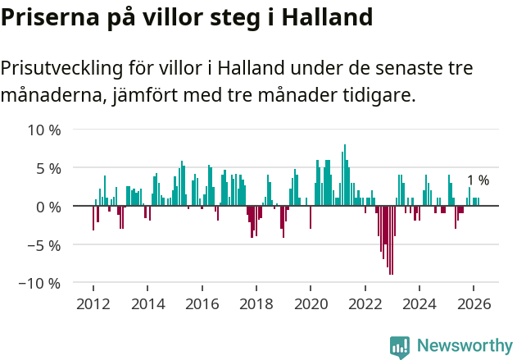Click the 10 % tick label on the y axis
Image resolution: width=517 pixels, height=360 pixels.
tap(44, 130)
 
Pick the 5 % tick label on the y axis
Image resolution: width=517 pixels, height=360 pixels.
tap(48, 168)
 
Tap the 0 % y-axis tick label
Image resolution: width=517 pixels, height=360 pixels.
tap(48, 207)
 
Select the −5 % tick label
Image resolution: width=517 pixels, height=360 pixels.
tap(44, 244)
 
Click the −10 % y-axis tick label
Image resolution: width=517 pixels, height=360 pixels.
tap(41, 283)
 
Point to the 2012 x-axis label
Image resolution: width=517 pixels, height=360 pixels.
tap(93, 304)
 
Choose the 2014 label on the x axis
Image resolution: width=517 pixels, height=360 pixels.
tap(147, 304)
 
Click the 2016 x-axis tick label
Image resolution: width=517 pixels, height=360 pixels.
tap(202, 304)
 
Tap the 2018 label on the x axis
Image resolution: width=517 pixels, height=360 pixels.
tap(256, 304)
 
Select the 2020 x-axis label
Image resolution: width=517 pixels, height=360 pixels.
tap(311, 304)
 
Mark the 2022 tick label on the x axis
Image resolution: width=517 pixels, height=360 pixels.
tap(365, 304)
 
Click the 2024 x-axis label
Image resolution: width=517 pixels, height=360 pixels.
tap(420, 304)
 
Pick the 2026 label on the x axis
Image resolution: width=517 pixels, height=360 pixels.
tap(474, 304)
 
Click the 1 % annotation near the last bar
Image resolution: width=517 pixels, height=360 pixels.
tap(478, 180)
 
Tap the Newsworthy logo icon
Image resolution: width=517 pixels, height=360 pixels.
tap(400, 346)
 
